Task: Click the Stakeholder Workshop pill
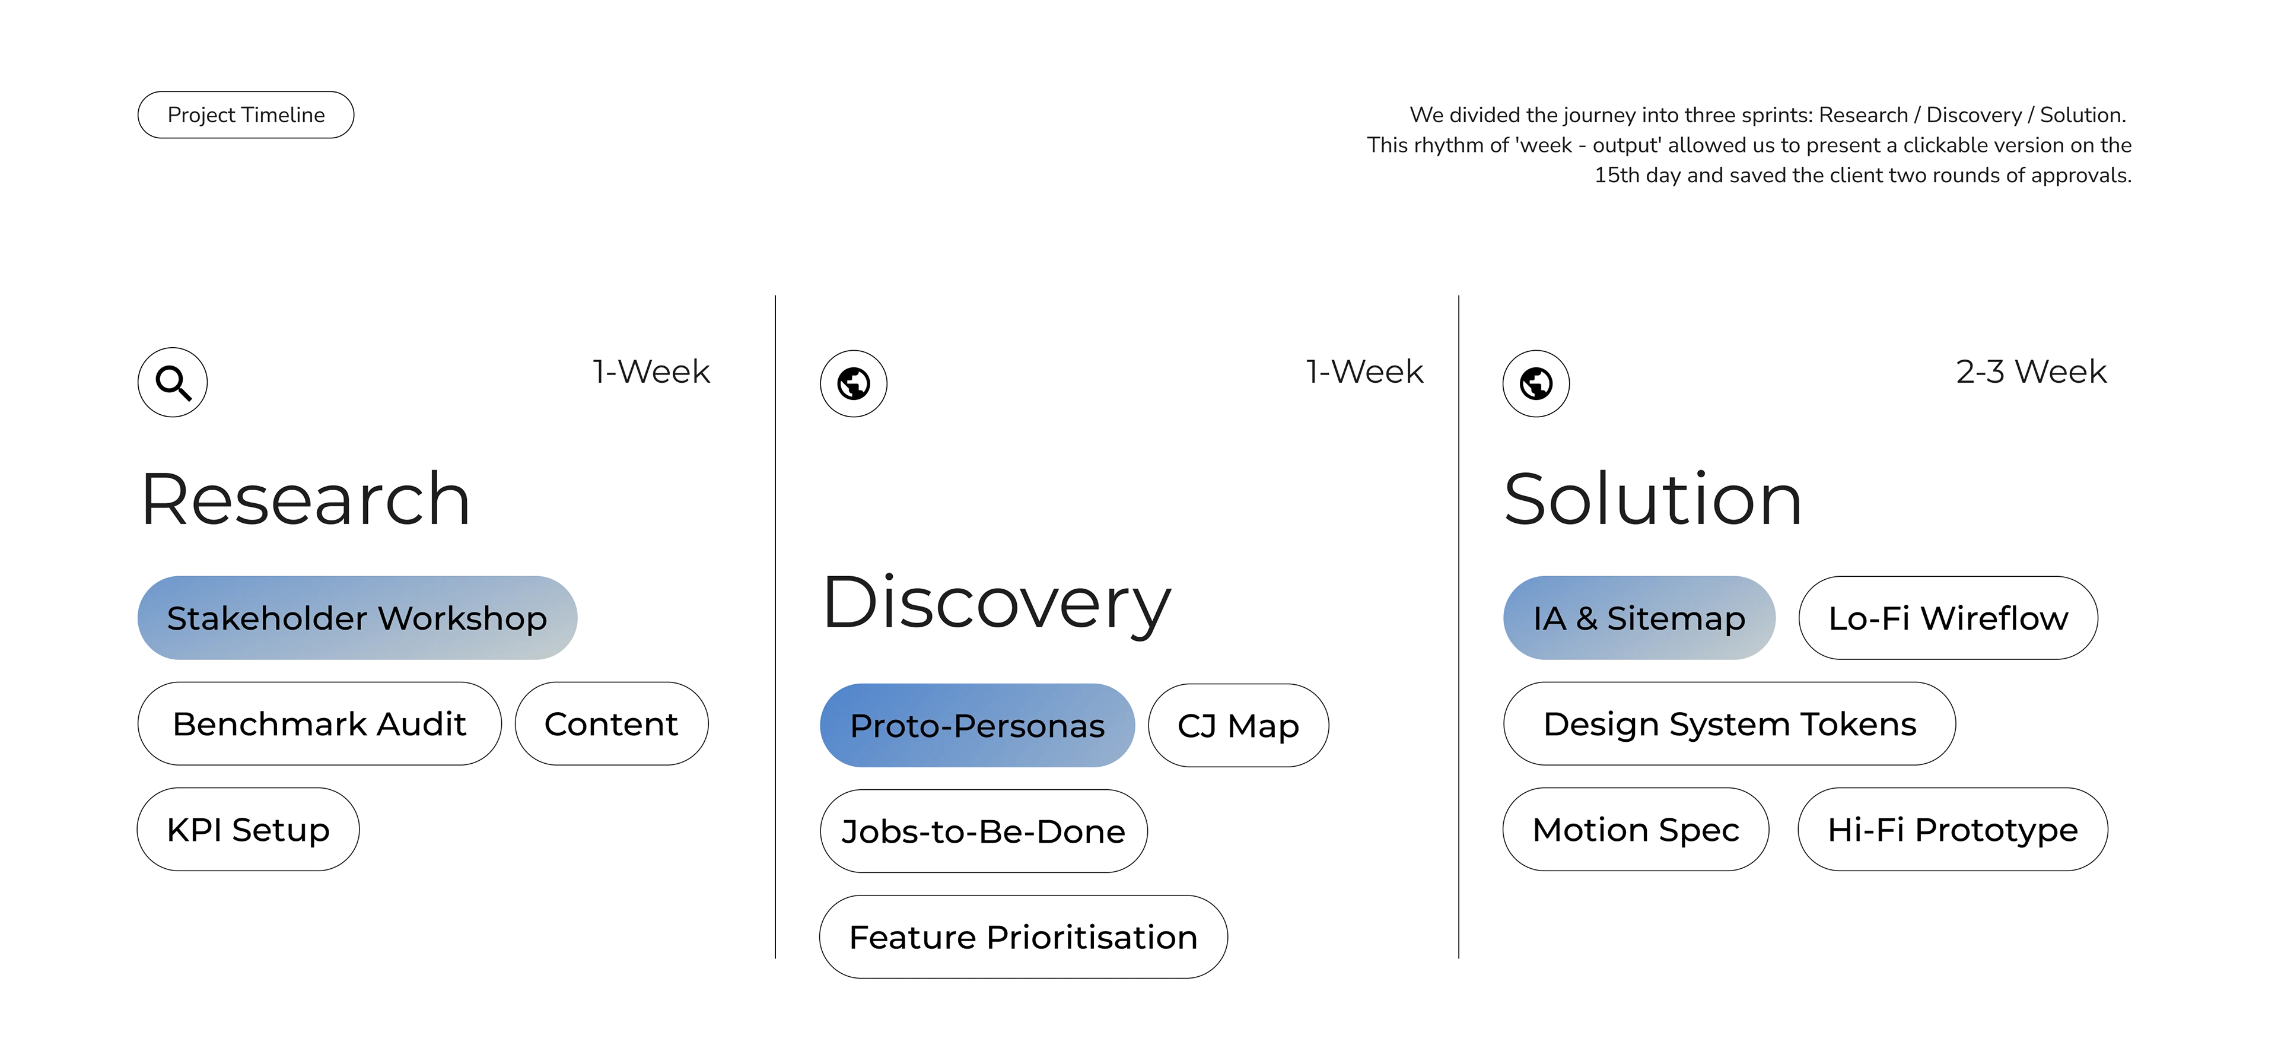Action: coord(357,617)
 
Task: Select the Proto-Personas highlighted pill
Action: coord(976,725)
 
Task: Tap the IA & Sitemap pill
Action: coord(1638,617)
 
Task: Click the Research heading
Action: coord(305,500)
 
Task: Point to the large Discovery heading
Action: coord(997,605)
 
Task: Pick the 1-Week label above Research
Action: coord(653,371)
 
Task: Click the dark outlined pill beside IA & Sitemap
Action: coord(1948,617)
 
